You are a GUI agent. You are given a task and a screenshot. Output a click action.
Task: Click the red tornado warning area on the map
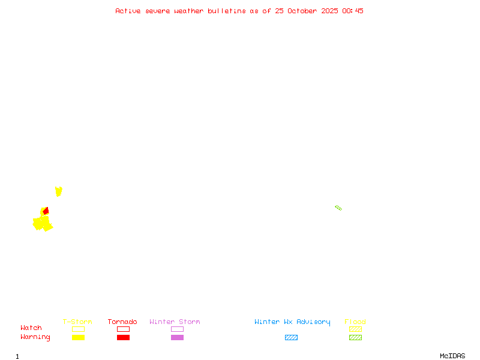(46, 211)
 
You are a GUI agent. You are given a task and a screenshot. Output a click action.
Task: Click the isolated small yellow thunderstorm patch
(58, 191)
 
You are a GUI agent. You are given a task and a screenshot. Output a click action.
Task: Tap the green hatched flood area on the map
(338, 208)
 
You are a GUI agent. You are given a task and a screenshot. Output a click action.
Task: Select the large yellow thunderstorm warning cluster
(41, 223)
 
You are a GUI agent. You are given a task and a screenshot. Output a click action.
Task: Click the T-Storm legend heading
(77, 322)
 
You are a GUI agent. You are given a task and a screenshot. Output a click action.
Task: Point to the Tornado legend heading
(122, 322)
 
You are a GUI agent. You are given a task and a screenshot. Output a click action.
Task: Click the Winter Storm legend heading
(175, 322)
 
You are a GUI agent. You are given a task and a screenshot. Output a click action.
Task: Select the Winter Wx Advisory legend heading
(292, 322)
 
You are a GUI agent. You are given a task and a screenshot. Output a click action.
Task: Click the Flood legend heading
(355, 322)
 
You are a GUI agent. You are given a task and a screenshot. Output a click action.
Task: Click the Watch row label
(31, 328)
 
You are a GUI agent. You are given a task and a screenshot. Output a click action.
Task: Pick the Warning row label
(35, 337)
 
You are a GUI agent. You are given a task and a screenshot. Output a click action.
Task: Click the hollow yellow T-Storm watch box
(78, 329)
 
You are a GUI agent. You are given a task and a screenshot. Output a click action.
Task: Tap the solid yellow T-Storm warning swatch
(78, 337)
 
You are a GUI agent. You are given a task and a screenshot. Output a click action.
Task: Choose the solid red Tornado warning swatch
(123, 337)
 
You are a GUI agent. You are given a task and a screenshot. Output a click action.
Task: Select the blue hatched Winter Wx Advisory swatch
(291, 337)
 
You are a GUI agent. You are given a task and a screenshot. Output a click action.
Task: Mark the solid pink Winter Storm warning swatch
(177, 337)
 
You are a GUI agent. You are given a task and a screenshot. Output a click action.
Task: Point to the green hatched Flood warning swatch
(355, 337)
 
